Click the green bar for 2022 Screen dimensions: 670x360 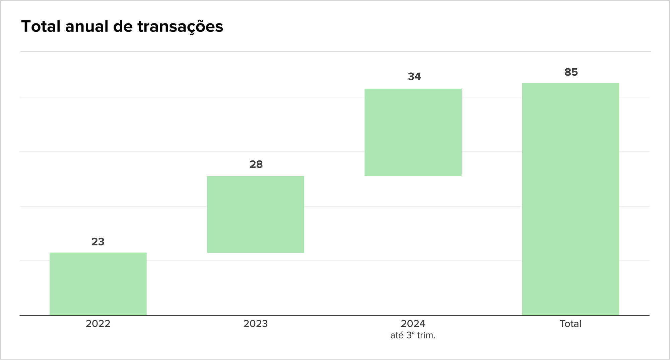98,284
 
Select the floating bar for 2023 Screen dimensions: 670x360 256,214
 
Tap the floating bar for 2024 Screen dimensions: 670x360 413,132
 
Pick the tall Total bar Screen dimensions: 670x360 571,199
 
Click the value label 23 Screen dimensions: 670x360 98,242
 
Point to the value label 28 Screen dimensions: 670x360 256,164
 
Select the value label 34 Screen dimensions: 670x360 414,77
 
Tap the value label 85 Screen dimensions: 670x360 571,72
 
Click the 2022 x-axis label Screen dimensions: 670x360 98,324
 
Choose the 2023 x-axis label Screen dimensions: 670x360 256,324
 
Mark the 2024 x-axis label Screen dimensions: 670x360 413,324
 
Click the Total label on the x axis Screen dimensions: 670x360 571,324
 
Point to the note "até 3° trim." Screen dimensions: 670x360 413,335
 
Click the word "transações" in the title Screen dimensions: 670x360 180,27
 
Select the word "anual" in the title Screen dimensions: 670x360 87,26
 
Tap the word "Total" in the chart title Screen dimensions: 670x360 41,26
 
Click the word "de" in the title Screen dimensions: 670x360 123,26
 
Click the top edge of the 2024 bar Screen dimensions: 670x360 413,89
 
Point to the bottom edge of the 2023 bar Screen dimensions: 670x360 256,253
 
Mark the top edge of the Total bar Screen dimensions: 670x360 571,83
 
